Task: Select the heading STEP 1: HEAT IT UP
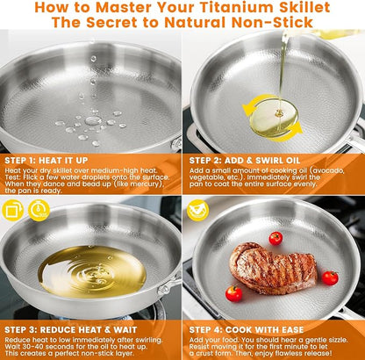47,161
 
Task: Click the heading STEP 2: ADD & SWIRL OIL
245,161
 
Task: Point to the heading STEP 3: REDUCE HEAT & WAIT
71,330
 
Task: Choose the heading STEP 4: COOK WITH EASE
247,330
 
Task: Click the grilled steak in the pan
273,269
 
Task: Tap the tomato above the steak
276,238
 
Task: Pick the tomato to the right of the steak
330,277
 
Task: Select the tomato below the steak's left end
233,293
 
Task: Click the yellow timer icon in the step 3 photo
39,210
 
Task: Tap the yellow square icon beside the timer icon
12,210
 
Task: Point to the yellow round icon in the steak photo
198,210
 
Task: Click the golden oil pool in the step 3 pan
92,272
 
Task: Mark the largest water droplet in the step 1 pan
93,120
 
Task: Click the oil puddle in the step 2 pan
274,118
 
